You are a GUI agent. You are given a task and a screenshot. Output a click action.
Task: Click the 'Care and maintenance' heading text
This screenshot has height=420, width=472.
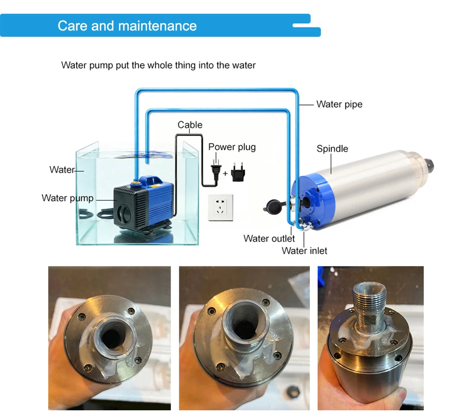tap(127, 26)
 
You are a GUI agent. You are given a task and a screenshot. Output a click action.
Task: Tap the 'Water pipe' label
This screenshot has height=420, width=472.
tap(339, 104)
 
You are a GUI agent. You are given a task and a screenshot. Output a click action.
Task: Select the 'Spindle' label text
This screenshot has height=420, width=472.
tap(332, 148)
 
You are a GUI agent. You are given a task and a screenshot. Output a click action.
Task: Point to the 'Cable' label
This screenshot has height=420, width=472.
tap(190, 125)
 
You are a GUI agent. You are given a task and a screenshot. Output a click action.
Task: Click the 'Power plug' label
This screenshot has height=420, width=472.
tap(232, 147)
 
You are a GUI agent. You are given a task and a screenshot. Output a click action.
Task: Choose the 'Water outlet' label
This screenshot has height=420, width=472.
tap(269, 238)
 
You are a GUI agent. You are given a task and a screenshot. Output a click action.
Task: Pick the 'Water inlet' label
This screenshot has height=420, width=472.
tap(304, 251)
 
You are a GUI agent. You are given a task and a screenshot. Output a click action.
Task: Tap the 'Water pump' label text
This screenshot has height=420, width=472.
tap(67, 198)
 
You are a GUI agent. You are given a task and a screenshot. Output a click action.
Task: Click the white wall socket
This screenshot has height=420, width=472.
tap(220, 207)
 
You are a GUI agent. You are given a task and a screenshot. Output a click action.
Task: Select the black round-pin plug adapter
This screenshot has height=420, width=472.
tap(238, 172)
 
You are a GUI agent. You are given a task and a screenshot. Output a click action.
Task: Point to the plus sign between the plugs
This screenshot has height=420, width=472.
tap(225, 173)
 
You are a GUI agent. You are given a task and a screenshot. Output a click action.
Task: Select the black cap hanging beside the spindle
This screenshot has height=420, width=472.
tap(273, 207)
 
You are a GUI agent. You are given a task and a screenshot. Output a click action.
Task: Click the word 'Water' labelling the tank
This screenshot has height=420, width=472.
tap(62, 170)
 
